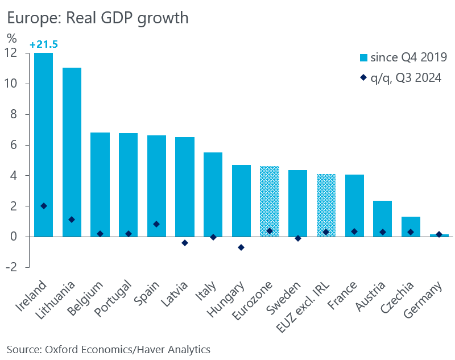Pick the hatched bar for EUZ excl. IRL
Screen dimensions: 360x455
coord(326,205)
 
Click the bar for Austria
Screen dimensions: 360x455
coord(382,218)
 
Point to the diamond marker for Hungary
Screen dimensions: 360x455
coord(241,247)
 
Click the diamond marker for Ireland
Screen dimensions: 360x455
coord(44,206)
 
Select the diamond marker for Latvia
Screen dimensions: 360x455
coord(184,243)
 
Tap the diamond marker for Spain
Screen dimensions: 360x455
coord(156,224)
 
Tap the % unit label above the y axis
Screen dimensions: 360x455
coord(12,39)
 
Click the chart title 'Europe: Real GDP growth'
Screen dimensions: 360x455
coord(97,18)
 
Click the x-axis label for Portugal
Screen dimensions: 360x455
coord(117,299)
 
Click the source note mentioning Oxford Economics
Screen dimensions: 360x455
coord(108,349)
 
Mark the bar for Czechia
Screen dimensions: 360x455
coord(411,226)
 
